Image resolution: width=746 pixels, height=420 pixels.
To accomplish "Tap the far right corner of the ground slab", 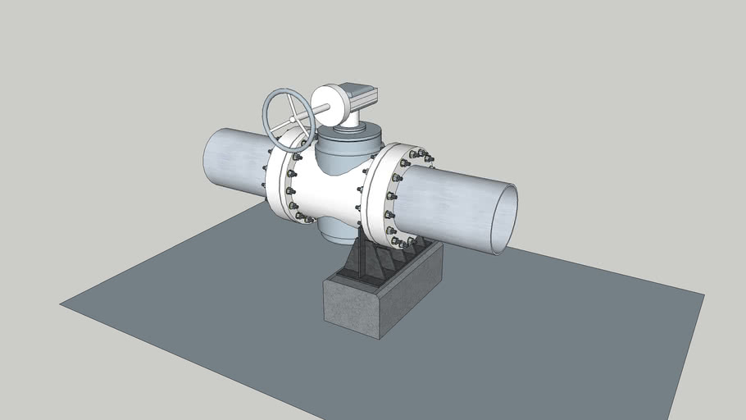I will (703, 293).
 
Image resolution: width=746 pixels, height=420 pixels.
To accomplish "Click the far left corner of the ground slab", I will (61, 304).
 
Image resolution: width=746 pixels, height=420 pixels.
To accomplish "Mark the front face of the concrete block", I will (353, 308).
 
